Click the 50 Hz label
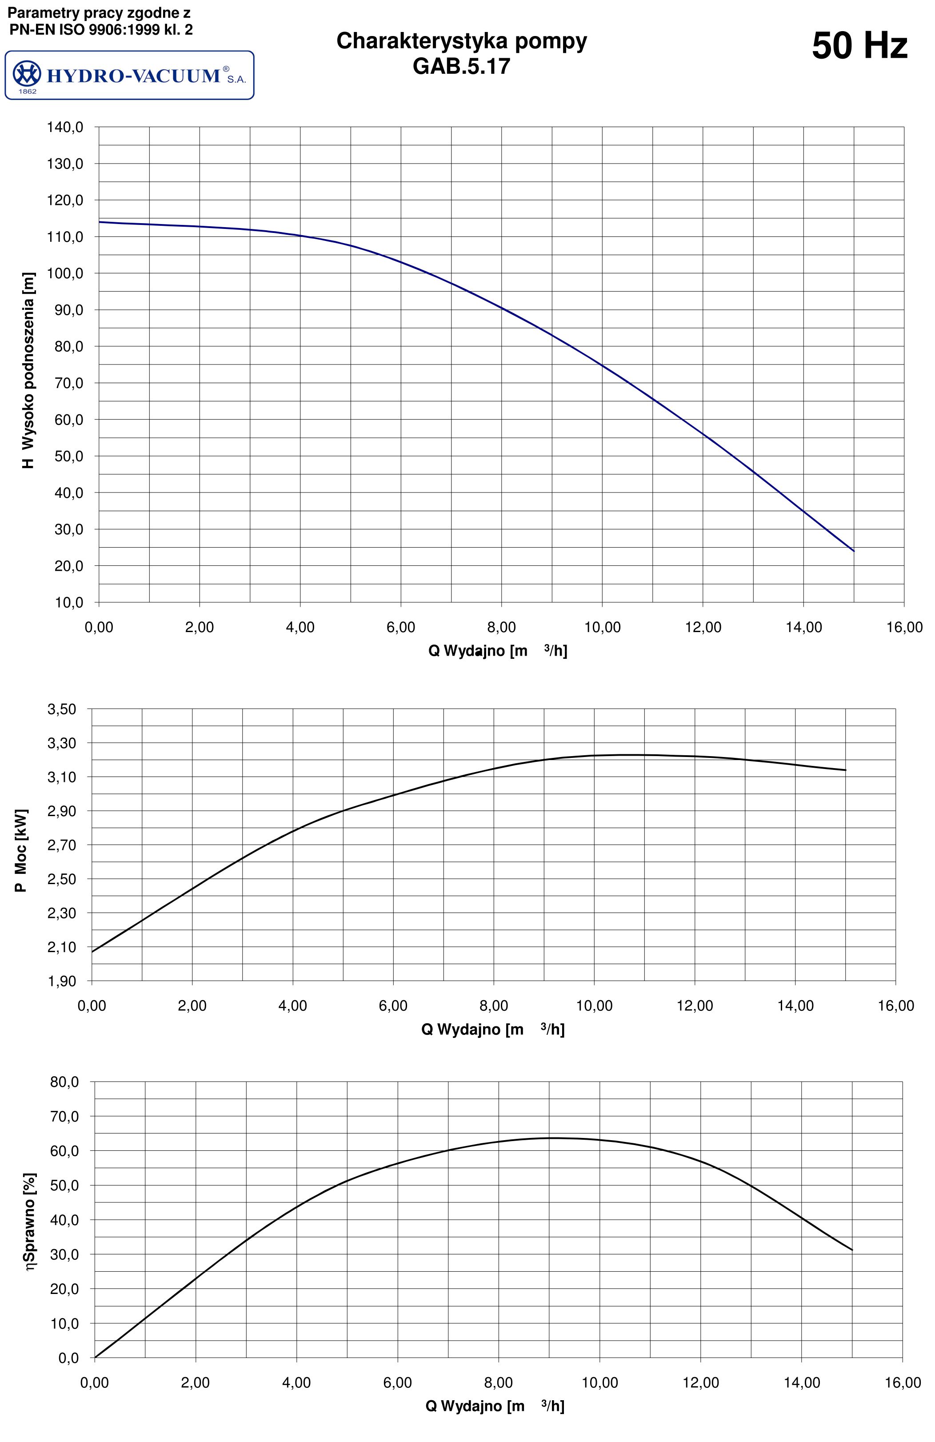859,46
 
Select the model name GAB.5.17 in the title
461,66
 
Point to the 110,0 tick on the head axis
65,237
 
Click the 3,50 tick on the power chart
62,709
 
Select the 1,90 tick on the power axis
62,981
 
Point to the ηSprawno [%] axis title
30,1222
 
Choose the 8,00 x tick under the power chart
494,1006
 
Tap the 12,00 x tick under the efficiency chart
701,1382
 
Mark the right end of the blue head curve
853,551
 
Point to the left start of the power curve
92,951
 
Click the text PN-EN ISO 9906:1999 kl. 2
101,29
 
